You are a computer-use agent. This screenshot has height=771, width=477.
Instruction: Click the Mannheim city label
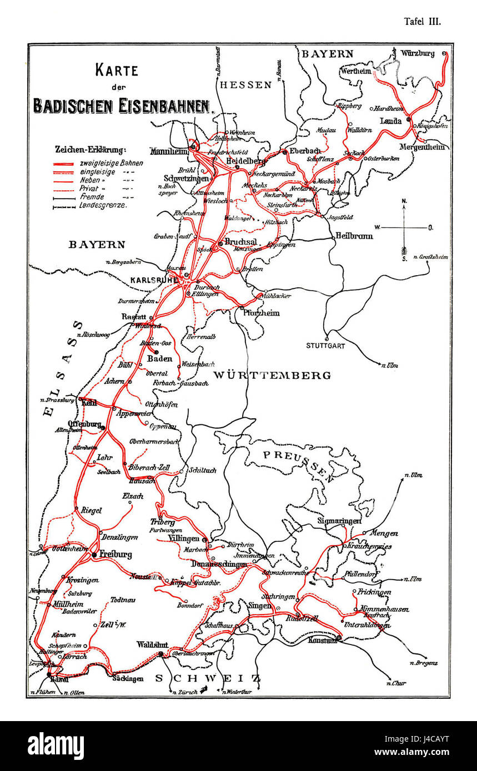pyautogui.click(x=168, y=151)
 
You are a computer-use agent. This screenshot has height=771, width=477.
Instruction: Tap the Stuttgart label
pyautogui.click(x=325, y=346)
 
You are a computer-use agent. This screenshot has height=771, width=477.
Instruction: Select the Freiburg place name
pyautogui.click(x=116, y=554)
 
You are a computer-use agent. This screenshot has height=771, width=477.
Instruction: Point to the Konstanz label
pyautogui.click(x=322, y=640)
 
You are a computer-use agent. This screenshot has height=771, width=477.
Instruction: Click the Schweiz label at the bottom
pyautogui.click(x=208, y=678)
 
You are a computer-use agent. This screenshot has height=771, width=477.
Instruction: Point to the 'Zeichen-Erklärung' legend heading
pyautogui.click(x=91, y=149)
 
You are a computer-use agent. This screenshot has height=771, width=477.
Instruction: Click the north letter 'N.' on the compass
pyautogui.click(x=404, y=201)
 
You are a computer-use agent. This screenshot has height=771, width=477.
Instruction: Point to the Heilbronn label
pyautogui.click(x=353, y=236)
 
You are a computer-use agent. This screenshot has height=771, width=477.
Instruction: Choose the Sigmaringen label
pyautogui.click(x=339, y=521)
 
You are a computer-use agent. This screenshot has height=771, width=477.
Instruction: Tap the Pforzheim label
pyautogui.click(x=261, y=313)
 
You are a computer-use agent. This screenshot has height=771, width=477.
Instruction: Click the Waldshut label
pyautogui.click(x=151, y=645)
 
